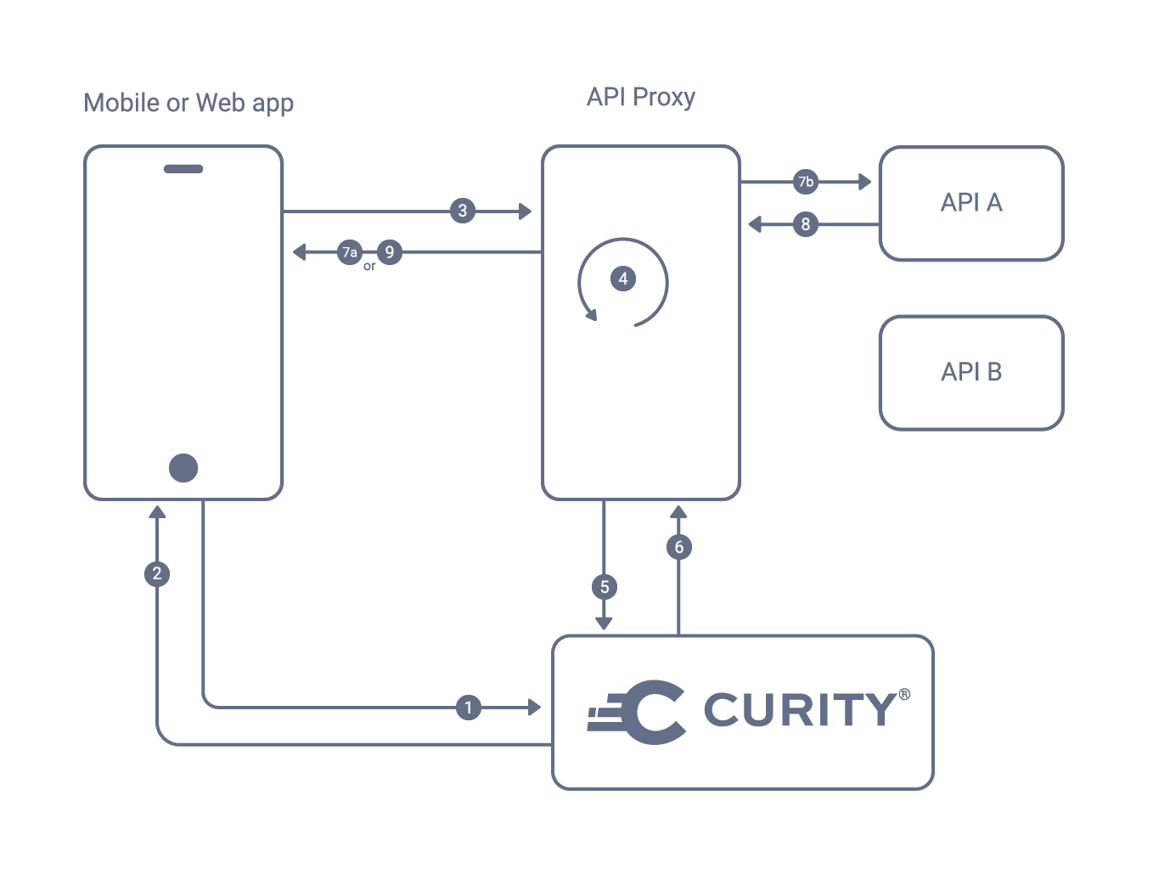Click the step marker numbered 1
(x=468, y=708)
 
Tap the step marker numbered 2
(x=157, y=573)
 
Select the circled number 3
(x=462, y=211)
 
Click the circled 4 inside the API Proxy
(x=622, y=279)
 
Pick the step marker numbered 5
(x=604, y=586)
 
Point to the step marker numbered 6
(x=678, y=547)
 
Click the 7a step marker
(x=349, y=252)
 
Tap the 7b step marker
(x=805, y=181)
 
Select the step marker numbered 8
(x=805, y=224)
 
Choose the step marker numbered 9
(x=389, y=251)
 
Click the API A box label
(x=971, y=202)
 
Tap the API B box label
(x=971, y=372)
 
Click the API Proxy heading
(x=640, y=98)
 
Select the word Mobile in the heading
(x=121, y=103)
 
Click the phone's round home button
(x=183, y=467)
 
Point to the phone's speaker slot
(x=183, y=169)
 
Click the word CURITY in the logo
(x=798, y=710)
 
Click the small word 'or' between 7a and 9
(x=369, y=267)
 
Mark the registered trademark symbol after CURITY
(x=904, y=694)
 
